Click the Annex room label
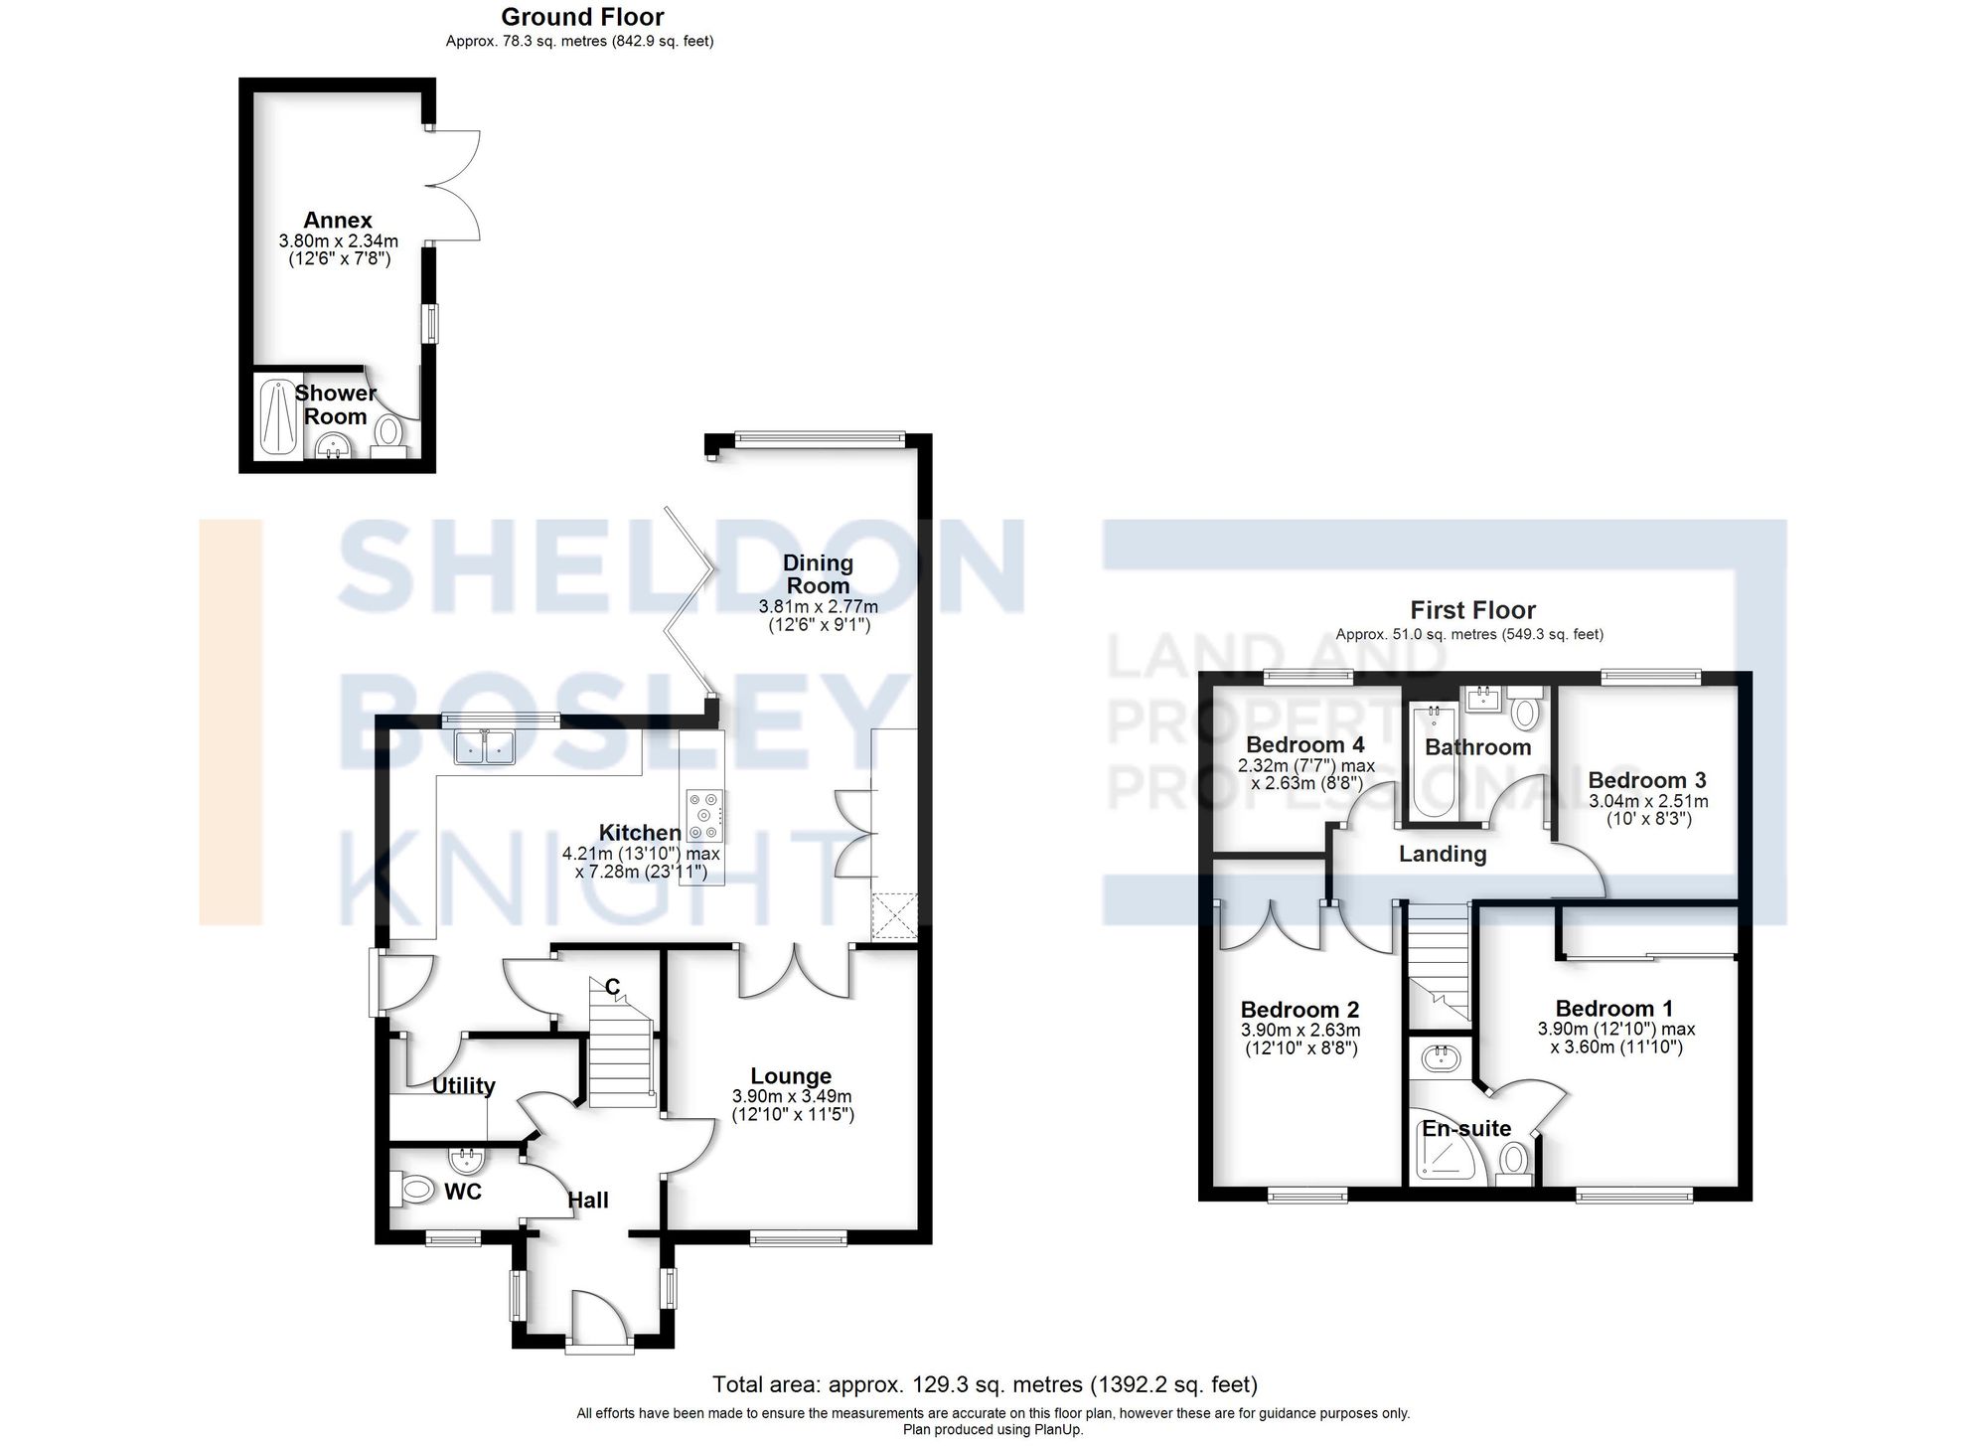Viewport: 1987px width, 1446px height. click(x=338, y=220)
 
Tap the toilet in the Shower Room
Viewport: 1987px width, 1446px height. click(x=387, y=432)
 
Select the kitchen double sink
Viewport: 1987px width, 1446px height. click(x=485, y=747)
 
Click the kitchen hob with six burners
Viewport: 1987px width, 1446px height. click(x=704, y=815)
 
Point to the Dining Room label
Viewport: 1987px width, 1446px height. click(x=818, y=574)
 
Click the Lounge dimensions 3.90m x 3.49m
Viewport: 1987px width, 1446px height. click(x=792, y=1096)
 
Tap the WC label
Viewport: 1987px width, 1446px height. click(x=463, y=1191)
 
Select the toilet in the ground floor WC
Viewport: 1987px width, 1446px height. click(x=415, y=1188)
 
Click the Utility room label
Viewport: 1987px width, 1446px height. click(x=463, y=1085)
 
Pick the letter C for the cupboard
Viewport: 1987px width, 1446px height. click(x=613, y=987)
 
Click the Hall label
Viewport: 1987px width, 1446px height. click(x=588, y=1201)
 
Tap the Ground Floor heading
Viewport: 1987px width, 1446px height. click(x=582, y=17)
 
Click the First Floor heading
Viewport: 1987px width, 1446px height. click(x=1472, y=610)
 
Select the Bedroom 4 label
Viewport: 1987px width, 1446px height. click(x=1304, y=744)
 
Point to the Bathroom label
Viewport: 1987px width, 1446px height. click(x=1477, y=747)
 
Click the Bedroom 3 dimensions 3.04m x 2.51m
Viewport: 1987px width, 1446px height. click(x=1648, y=801)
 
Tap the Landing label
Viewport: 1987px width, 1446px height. click(x=1443, y=854)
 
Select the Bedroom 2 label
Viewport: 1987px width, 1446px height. click(x=1299, y=1011)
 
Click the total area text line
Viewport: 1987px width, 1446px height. click(x=985, y=1384)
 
